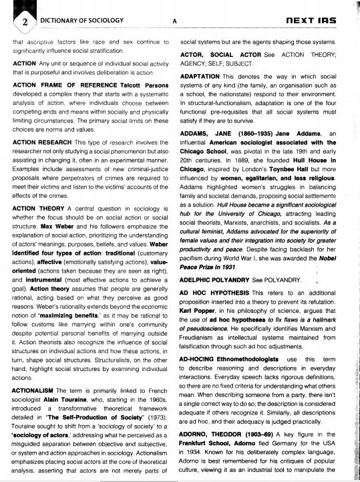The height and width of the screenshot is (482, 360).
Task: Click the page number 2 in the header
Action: tap(25, 21)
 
